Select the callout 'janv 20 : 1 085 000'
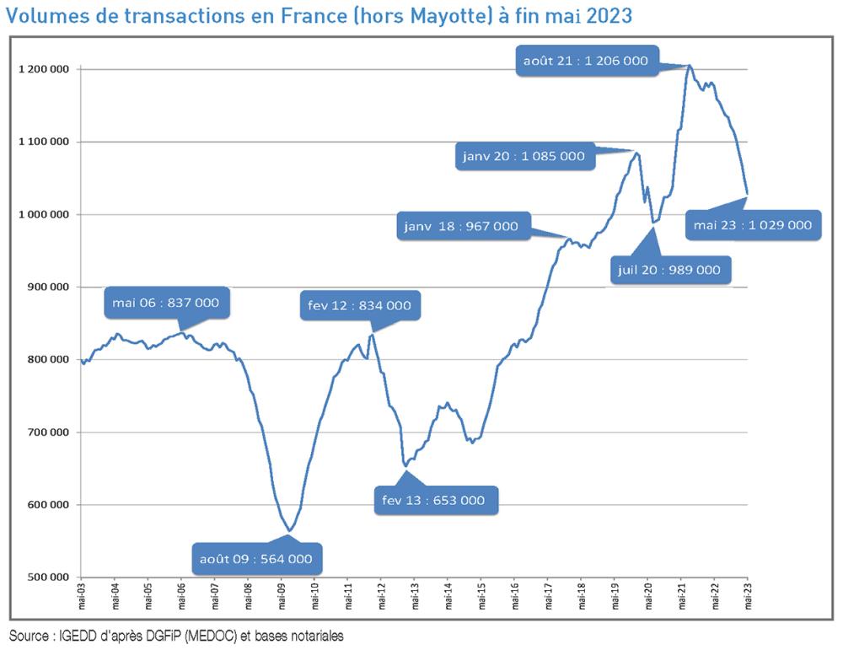[x=524, y=156]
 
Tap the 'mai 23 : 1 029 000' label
[x=753, y=225]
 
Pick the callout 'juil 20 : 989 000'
[x=669, y=270]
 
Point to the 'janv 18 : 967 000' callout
[x=460, y=226]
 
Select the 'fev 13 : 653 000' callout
[x=434, y=500]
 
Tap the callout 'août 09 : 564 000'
[x=256, y=558]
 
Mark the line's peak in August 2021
[x=690, y=65]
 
